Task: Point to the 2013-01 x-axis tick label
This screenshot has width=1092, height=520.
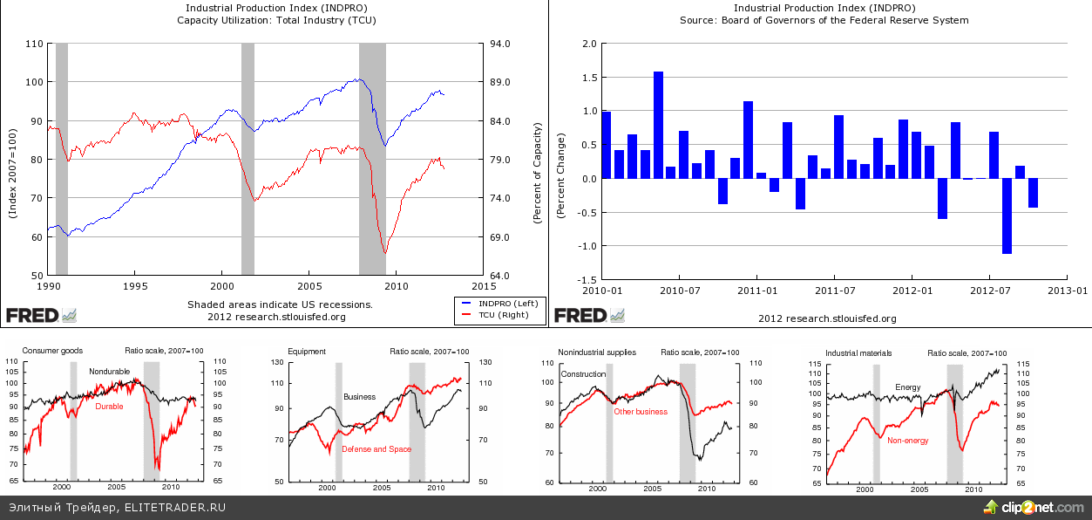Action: pyautogui.click(x=1067, y=289)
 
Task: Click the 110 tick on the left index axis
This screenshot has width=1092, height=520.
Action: pyautogui.click(x=35, y=44)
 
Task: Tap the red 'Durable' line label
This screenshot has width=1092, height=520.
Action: pyautogui.click(x=109, y=407)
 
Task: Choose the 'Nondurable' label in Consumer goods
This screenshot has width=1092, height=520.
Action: pyautogui.click(x=109, y=372)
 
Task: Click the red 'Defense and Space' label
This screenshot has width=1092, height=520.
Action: pyautogui.click(x=376, y=448)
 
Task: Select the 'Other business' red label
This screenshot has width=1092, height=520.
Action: pyautogui.click(x=641, y=411)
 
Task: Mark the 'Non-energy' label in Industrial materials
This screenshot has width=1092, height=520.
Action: pyautogui.click(x=907, y=441)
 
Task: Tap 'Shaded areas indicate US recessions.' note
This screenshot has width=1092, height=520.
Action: pyautogui.click(x=280, y=304)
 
